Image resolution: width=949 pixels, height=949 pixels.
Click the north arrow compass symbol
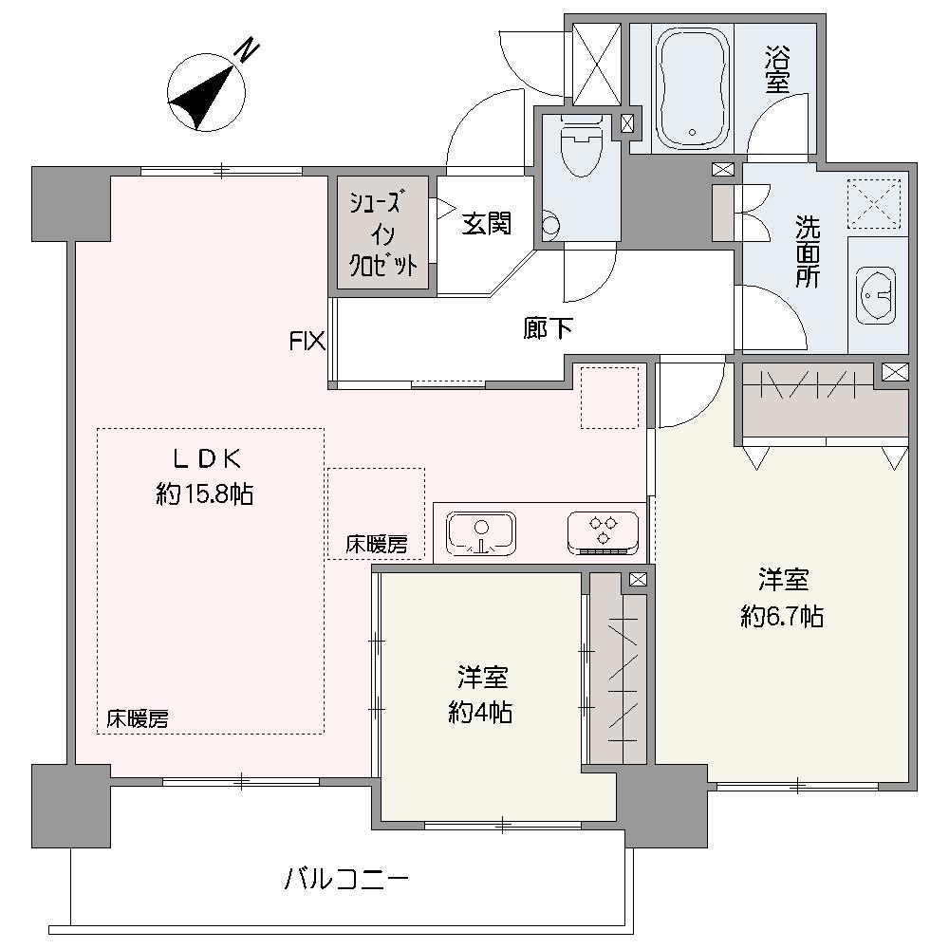(x=206, y=92)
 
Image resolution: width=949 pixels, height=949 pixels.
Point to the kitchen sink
(x=481, y=532)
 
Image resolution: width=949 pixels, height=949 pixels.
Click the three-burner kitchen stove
(x=603, y=532)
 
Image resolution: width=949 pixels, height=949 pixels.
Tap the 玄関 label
(x=487, y=223)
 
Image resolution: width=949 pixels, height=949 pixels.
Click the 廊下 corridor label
(x=548, y=328)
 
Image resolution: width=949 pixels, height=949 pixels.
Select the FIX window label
(x=307, y=342)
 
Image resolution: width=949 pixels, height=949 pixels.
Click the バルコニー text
(x=346, y=879)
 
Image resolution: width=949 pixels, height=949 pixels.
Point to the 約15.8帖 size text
(x=205, y=495)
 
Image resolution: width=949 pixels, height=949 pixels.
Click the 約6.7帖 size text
(x=782, y=617)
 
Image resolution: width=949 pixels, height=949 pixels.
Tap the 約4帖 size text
(x=480, y=713)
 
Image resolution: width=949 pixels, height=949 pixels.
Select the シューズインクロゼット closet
(x=382, y=233)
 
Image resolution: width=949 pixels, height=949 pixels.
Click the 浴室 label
(x=777, y=71)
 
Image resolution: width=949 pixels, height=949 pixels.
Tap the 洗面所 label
(x=808, y=251)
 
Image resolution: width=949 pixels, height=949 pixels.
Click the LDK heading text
(x=208, y=459)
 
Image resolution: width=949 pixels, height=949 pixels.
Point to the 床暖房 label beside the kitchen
(x=377, y=545)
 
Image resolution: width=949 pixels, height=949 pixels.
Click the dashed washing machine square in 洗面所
(x=874, y=204)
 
